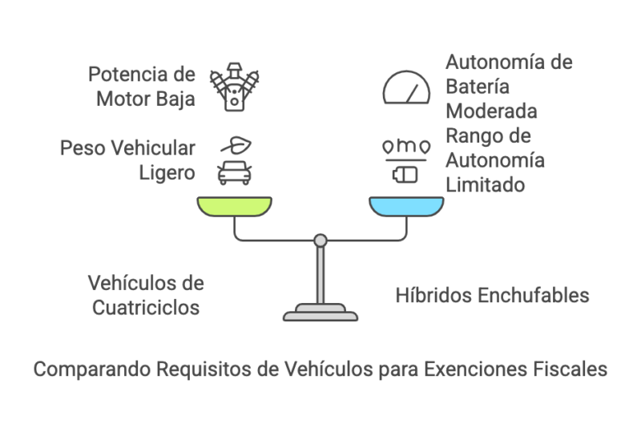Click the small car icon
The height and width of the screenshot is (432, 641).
tap(235, 172)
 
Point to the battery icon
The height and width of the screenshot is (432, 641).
tap(406, 173)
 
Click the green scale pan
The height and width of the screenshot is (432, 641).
tap(235, 207)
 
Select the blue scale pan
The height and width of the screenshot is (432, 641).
tap(406, 207)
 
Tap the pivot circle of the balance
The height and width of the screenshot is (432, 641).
tap(320, 240)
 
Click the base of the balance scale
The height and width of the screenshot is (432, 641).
tap(320, 312)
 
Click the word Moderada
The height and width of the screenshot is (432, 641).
tap(491, 110)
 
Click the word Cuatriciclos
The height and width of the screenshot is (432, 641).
tap(145, 306)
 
